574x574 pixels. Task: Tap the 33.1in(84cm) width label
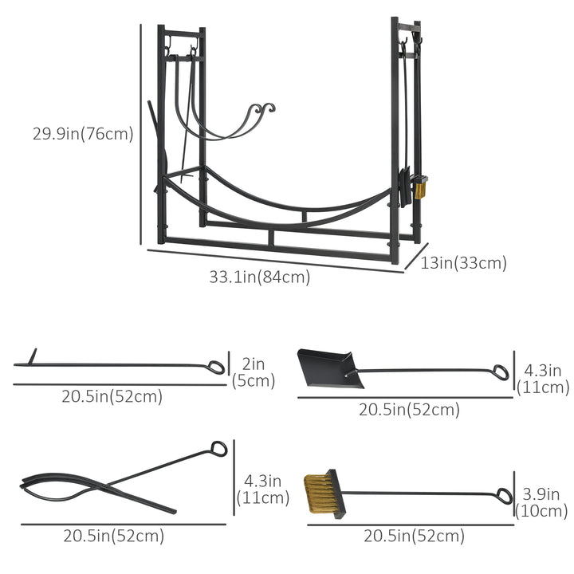259,277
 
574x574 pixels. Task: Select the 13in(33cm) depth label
463,263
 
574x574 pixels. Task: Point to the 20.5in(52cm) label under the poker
112,396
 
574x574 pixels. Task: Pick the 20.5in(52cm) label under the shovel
409,409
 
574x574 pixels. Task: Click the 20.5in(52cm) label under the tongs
113,536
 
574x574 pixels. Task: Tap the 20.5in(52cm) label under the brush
413,536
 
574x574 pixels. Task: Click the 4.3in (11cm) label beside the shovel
543,379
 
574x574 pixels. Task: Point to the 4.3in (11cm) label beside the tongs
262,489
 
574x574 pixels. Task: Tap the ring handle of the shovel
500,372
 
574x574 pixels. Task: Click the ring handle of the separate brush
503,494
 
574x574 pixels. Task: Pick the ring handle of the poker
217,367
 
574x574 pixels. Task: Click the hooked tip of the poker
33,356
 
